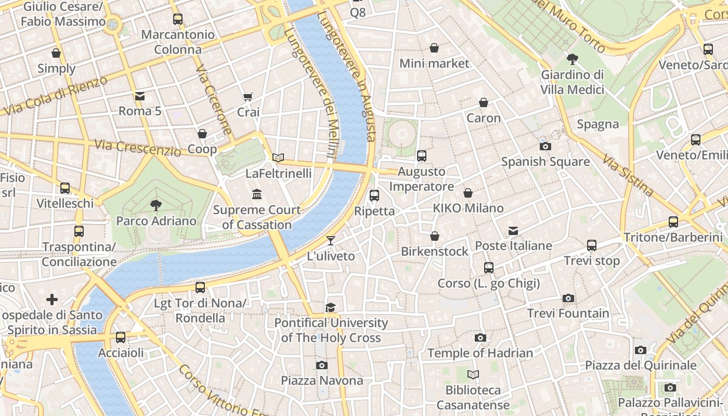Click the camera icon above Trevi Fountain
pyautogui.click(x=568, y=298)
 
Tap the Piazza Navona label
pyautogui.click(x=322, y=380)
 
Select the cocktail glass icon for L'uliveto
pyautogui.click(x=331, y=241)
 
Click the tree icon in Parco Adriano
pyautogui.click(x=155, y=205)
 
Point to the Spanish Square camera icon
pyautogui.click(x=545, y=147)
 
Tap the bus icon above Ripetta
pyautogui.click(x=374, y=196)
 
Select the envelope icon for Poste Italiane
pyautogui.click(x=513, y=231)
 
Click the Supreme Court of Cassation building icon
pyautogui.click(x=257, y=194)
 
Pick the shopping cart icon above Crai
pyautogui.click(x=248, y=97)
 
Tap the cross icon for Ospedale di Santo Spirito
pyautogui.click(x=52, y=300)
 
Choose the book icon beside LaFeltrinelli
pyautogui.click(x=278, y=158)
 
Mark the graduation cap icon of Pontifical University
pyautogui.click(x=331, y=308)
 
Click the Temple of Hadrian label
pyautogui.click(x=480, y=353)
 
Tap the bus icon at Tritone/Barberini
pyautogui.click(x=673, y=222)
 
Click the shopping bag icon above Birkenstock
pyautogui.click(x=435, y=237)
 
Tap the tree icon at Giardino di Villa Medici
pyautogui.click(x=573, y=59)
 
